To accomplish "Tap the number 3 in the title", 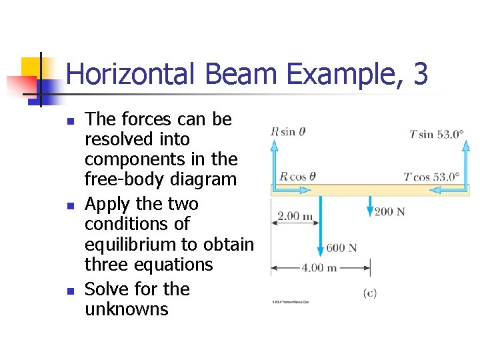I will pyautogui.click(x=420, y=73).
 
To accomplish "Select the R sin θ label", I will pyautogui.click(x=288, y=132).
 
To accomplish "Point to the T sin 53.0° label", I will pyautogui.click(x=436, y=134).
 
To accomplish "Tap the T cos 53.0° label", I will pyautogui.click(x=432, y=177).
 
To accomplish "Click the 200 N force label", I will pyautogui.click(x=390, y=212).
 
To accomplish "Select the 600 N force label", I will pyautogui.click(x=341, y=248).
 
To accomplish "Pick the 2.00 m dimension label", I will pyautogui.click(x=295, y=216).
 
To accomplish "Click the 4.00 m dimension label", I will pyautogui.click(x=320, y=268).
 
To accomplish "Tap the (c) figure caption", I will pyautogui.click(x=370, y=293).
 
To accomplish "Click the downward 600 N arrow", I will pyautogui.click(x=320, y=227).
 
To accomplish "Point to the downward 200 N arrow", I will pyautogui.click(x=370, y=205).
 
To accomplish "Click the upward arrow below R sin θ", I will pyautogui.click(x=274, y=160).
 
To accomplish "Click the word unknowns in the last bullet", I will pyautogui.click(x=127, y=309).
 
